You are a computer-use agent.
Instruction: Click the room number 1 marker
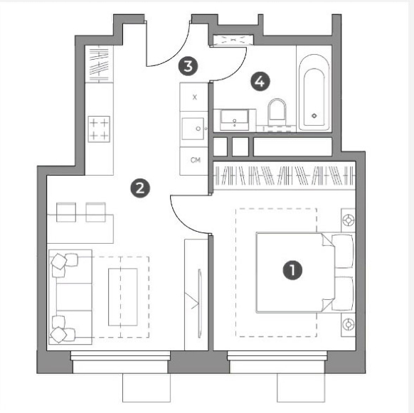[292, 269]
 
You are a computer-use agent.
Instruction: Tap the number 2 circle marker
[140, 188]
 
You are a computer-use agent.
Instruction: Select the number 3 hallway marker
[188, 66]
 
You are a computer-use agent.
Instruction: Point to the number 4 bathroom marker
[260, 82]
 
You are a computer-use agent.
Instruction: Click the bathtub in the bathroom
[314, 92]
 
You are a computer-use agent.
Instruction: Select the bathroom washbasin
[235, 120]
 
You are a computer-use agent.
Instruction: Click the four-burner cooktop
[99, 129]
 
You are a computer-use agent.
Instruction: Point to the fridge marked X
[193, 97]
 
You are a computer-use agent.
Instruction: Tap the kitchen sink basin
[193, 129]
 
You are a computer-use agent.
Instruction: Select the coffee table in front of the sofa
[123, 297]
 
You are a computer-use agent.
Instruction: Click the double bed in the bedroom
[304, 272]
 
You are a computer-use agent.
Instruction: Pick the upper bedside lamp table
[348, 220]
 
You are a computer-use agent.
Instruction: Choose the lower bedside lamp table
[348, 324]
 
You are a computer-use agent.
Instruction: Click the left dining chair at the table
[66, 212]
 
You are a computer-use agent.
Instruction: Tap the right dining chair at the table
[95, 212]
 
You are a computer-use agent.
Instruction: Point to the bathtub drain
[314, 116]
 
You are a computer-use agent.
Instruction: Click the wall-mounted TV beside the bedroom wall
[200, 304]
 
